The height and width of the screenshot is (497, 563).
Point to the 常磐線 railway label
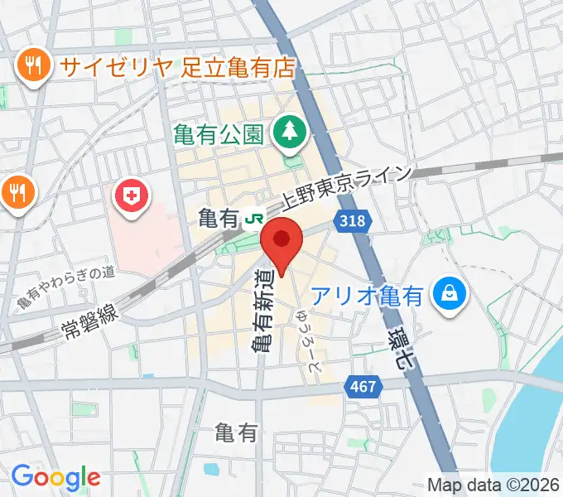(x=89, y=314)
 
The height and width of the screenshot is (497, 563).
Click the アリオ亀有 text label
(x=368, y=294)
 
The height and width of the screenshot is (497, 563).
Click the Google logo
(x=55, y=477)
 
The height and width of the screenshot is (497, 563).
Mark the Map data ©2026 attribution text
(x=493, y=485)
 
